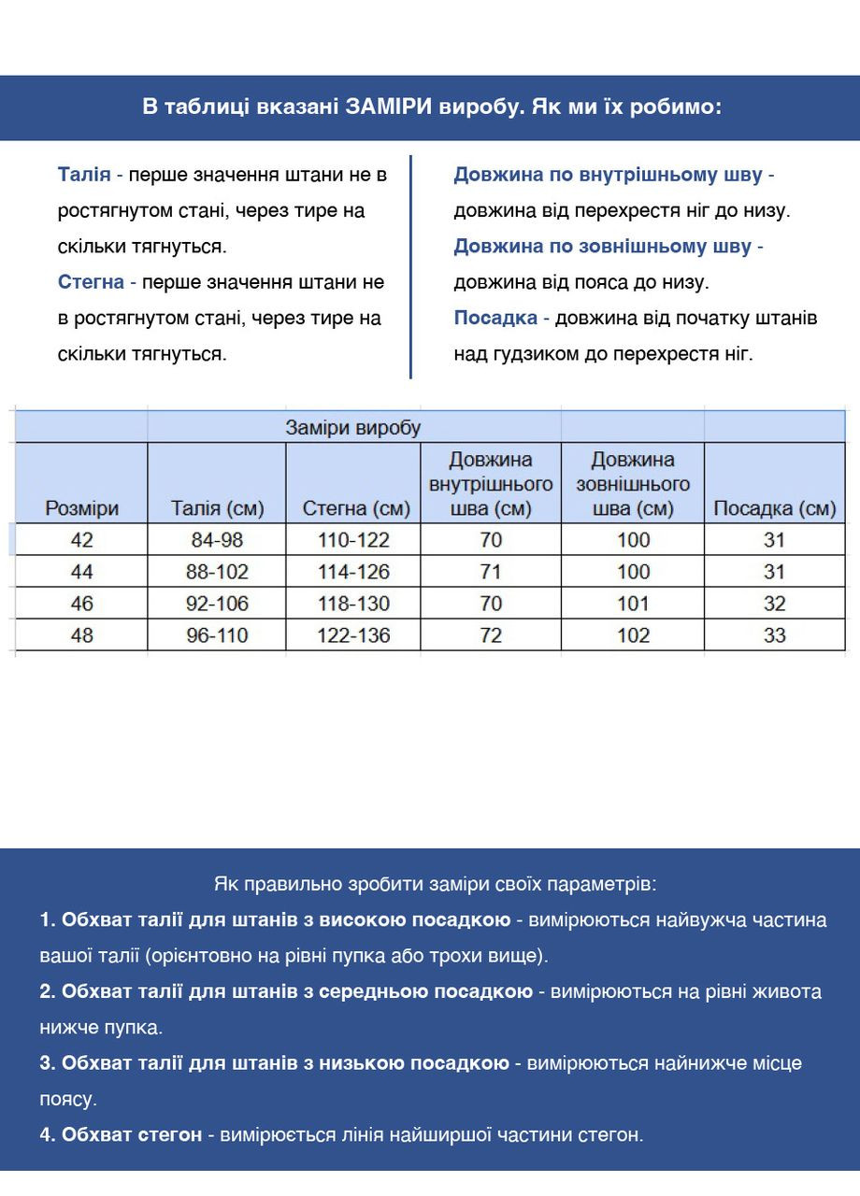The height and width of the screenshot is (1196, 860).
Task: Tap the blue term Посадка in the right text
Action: (x=495, y=318)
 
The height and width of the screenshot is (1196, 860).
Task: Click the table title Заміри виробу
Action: (x=353, y=428)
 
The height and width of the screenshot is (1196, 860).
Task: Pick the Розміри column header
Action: (x=82, y=508)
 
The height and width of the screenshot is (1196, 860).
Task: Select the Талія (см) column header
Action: (x=217, y=508)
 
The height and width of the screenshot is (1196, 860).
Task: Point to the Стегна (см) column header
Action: (x=356, y=508)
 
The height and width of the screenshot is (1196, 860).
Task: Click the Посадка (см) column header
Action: (x=774, y=508)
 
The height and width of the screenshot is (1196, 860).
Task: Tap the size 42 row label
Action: (x=82, y=540)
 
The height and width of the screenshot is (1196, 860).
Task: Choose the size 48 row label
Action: (x=82, y=635)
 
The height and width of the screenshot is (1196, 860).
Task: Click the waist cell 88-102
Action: (x=217, y=572)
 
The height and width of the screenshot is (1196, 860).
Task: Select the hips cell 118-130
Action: (x=353, y=604)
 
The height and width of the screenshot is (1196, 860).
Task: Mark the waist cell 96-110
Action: (x=217, y=635)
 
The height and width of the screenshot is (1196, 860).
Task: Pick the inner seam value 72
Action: (x=491, y=635)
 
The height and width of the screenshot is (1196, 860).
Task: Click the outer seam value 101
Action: (x=633, y=604)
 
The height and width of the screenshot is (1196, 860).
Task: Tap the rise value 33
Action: (x=774, y=635)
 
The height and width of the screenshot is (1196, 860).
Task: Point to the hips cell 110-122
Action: (x=353, y=540)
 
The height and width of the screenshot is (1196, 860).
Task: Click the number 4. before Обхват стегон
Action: (x=48, y=1135)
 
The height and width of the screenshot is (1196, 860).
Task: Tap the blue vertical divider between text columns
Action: (x=410, y=266)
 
